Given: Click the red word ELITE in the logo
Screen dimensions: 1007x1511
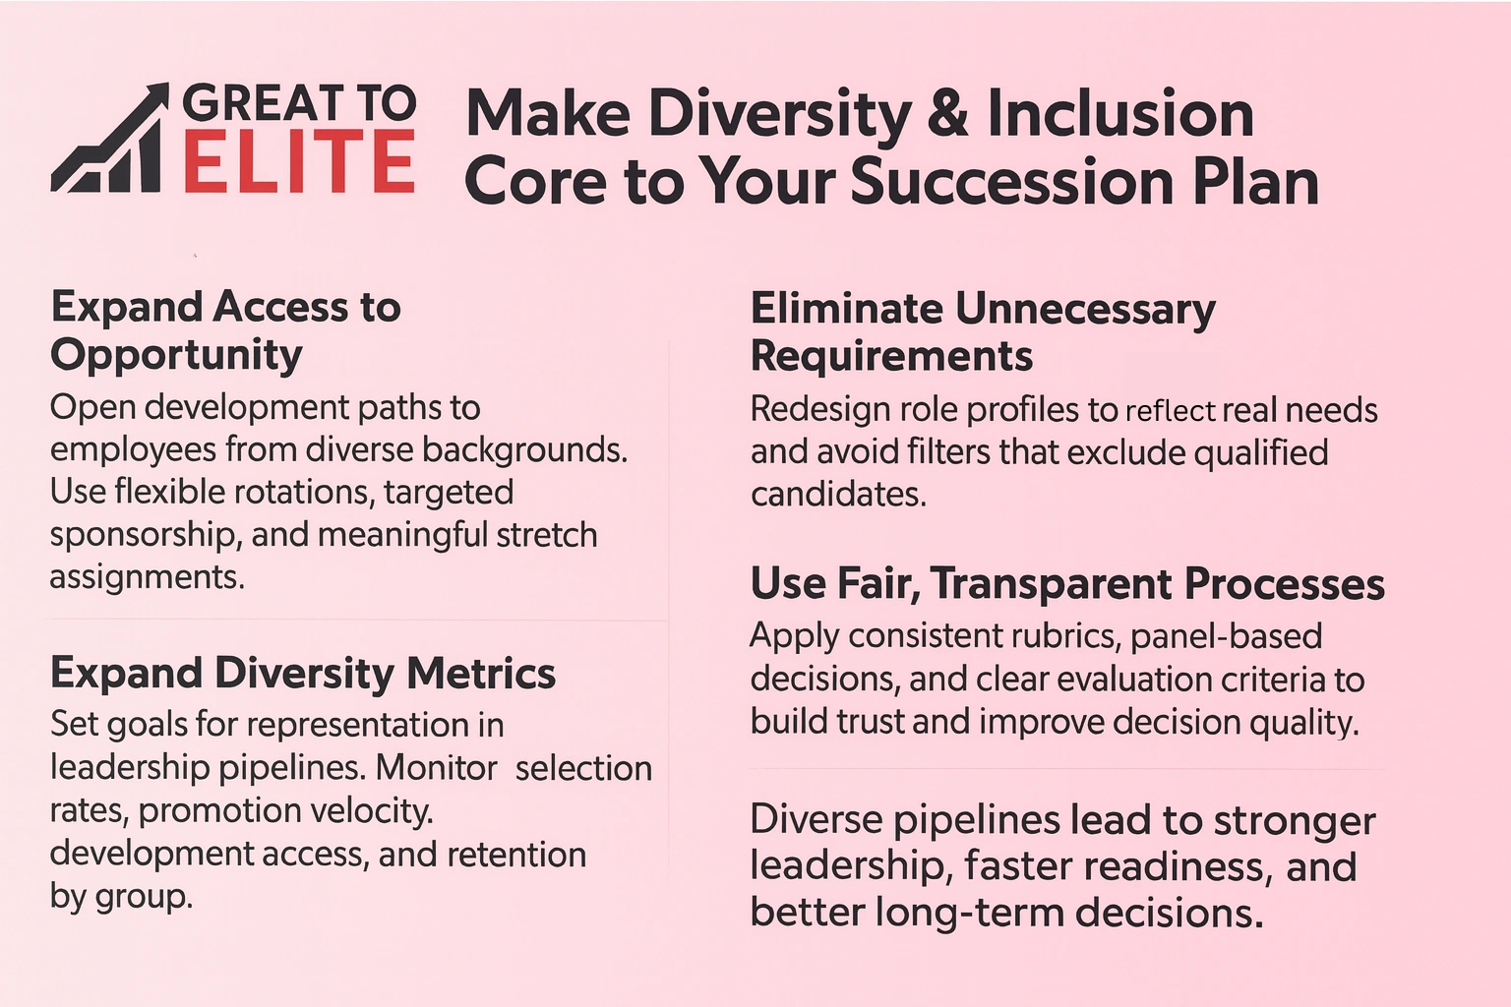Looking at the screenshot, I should [x=298, y=163].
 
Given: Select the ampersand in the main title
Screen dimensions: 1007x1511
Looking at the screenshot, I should [x=947, y=113].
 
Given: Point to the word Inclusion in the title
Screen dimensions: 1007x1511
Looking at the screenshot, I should [x=1120, y=113].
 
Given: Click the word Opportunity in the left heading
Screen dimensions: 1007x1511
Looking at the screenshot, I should [x=176, y=355].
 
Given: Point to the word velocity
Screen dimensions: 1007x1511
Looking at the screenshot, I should [x=370, y=811].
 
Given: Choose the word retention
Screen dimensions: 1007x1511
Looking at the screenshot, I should [x=516, y=855].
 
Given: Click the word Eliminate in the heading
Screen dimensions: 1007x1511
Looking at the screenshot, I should [x=846, y=309].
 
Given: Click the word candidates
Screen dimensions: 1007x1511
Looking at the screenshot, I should [x=837, y=494].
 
